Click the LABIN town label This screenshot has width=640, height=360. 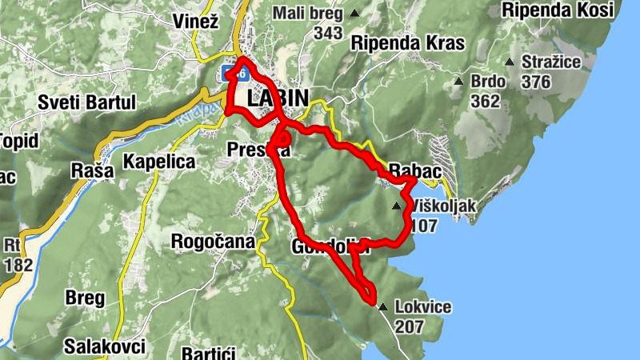click(278, 98)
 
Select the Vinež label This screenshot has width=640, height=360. click(196, 22)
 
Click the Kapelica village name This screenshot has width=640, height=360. click(159, 162)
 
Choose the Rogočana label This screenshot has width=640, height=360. click(213, 241)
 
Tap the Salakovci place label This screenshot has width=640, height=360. click(105, 346)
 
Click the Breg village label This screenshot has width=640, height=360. click(85, 298)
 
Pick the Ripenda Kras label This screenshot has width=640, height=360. click(407, 42)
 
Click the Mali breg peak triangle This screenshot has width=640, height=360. click(354, 14)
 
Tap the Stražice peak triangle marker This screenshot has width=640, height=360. click(510, 62)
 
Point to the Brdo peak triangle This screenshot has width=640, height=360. click(458, 81)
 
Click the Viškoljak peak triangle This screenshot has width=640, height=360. click(397, 206)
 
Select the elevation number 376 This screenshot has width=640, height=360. click(536, 82)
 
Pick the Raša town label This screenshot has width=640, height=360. click(88, 170)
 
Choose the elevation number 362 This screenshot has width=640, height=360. click(485, 101)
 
